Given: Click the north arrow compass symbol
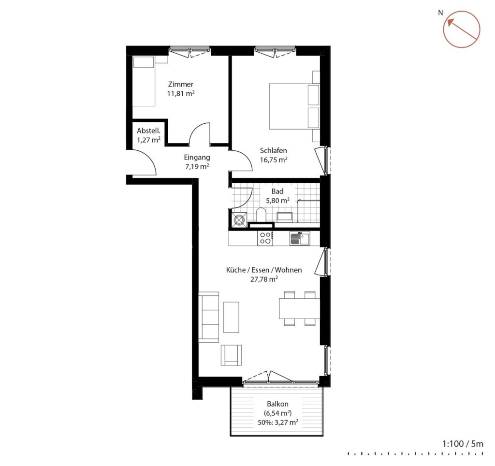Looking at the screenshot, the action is (462, 29).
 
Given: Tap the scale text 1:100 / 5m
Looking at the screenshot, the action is (463, 444).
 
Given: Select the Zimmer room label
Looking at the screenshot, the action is (181, 84).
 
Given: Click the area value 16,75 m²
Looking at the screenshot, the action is (274, 160).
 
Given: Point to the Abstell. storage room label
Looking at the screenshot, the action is (148, 131).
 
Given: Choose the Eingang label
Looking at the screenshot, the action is (197, 157).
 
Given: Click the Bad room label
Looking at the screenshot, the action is (277, 191).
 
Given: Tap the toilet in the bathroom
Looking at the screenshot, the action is (261, 215).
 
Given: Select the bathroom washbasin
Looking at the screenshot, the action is (284, 217).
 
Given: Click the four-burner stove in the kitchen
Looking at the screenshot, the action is (265, 238).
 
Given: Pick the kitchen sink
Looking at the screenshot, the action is (300, 238).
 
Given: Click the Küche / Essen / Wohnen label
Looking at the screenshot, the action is (264, 270).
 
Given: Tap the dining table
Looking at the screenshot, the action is (299, 308).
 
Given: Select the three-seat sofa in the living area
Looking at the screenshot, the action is (208, 317).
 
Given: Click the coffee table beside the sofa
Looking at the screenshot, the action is (231, 317).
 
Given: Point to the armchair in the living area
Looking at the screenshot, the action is (232, 355).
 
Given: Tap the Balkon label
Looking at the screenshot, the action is (277, 404).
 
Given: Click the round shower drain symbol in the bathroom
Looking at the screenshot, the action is (238, 219).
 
